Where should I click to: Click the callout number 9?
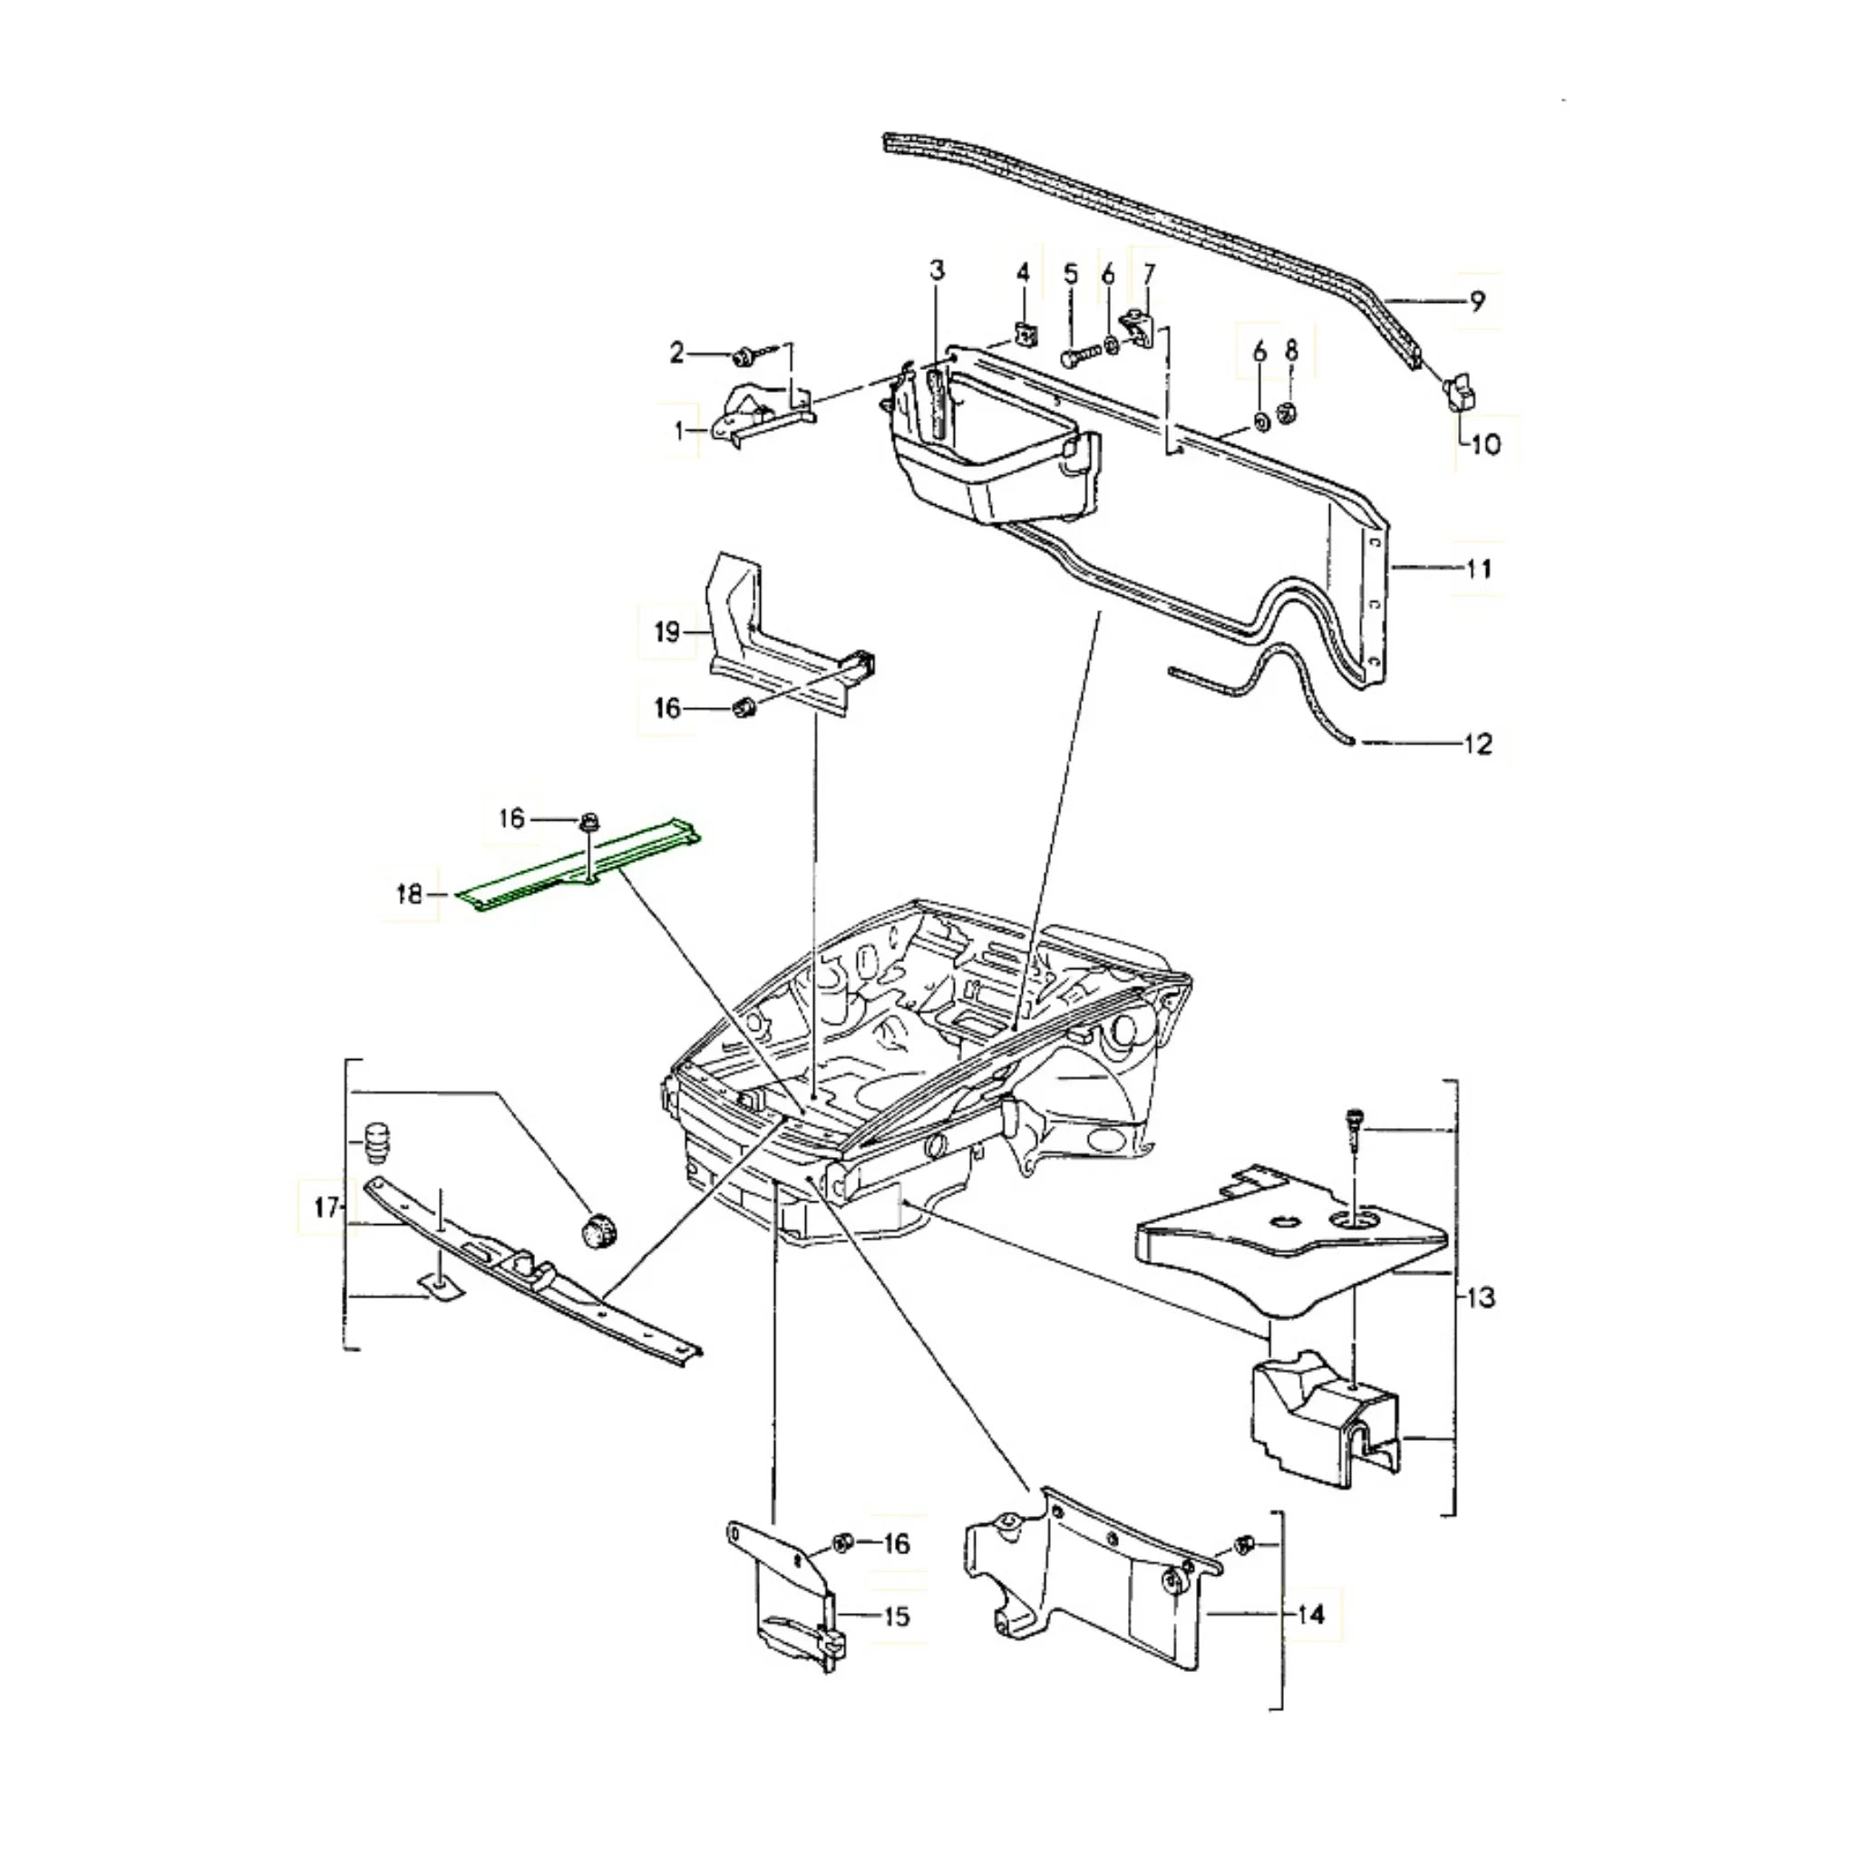click(1477, 301)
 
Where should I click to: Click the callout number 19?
click(667, 633)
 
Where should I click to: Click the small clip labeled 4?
click(1025, 335)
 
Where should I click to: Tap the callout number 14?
click(1312, 1614)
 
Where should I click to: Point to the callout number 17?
click(326, 1206)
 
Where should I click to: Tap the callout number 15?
click(895, 1616)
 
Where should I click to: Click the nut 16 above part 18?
click(588, 822)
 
